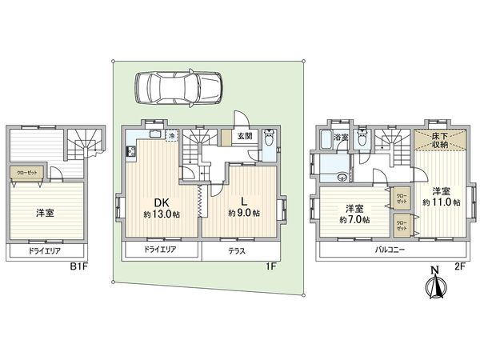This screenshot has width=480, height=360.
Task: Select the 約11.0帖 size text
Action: pyautogui.click(x=441, y=203)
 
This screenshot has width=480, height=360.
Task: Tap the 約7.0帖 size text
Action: pyautogui.click(x=353, y=219)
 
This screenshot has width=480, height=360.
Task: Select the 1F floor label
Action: pyautogui.click(x=272, y=266)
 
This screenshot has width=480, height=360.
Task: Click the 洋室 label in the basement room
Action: pyautogui.click(x=45, y=213)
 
